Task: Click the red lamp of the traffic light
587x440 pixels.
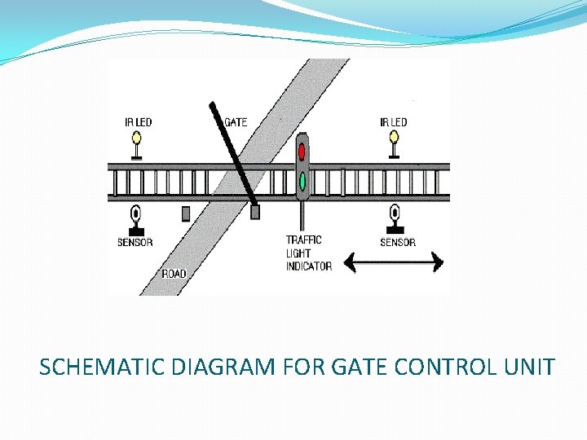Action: point(302,151)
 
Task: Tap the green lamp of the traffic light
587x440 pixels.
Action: point(302,180)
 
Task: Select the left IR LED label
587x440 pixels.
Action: point(138,122)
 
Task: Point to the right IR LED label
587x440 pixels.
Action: point(393,122)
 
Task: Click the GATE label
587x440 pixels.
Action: point(236,122)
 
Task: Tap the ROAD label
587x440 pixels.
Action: point(174,274)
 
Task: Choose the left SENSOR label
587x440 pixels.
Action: point(135,242)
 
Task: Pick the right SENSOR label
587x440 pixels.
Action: point(398,242)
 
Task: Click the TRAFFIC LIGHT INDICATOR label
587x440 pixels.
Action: point(308,253)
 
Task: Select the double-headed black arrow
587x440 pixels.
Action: point(393,262)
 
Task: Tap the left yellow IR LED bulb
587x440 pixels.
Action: point(136,139)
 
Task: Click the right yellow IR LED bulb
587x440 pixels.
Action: point(394,139)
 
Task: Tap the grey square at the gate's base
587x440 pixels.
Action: point(255,212)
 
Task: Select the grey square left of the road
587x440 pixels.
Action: point(186,213)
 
